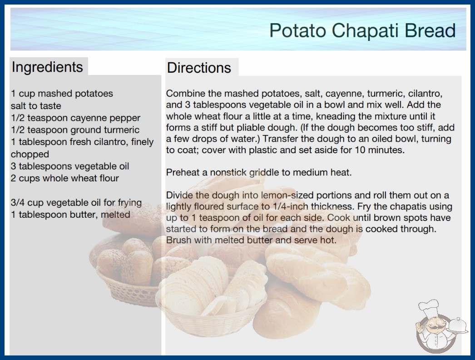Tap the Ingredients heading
[x=47, y=67]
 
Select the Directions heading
[x=199, y=68]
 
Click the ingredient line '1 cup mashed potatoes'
[x=62, y=94]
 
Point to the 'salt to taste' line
[x=36, y=105]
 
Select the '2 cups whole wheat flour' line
[x=65, y=178]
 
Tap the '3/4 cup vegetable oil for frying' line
[x=76, y=203]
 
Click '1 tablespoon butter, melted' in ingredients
[x=70, y=215]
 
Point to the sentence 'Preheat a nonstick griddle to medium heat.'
[x=259, y=172]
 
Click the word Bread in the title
[x=430, y=30]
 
